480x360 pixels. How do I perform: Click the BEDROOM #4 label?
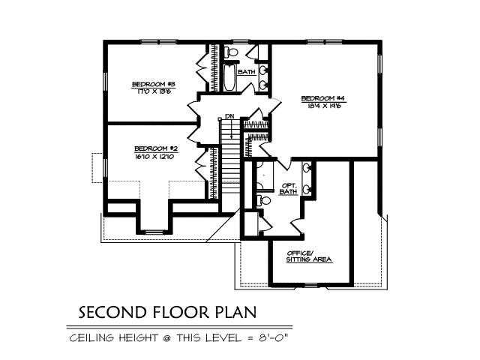(x=322, y=98)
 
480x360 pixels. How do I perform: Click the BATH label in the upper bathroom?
(x=246, y=72)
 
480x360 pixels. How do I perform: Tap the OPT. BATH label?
(x=289, y=188)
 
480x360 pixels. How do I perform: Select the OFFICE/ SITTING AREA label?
(x=309, y=256)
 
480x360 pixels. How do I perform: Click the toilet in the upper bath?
(x=232, y=52)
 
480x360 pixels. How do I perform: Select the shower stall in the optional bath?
(x=264, y=175)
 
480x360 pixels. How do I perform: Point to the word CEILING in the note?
(x=94, y=337)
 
